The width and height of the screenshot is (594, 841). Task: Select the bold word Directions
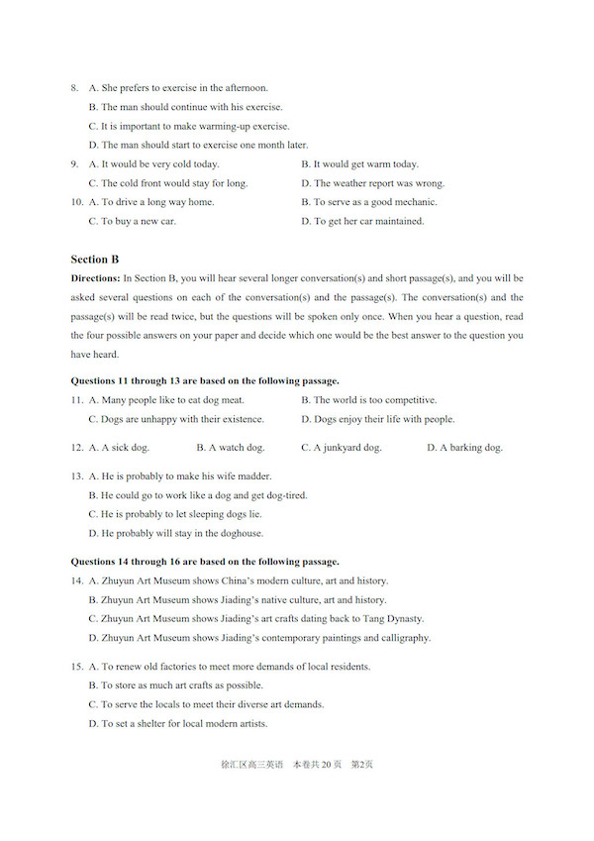tap(95, 278)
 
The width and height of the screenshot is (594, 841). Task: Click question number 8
tap(74, 88)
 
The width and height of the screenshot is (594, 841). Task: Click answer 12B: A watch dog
tap(231, 448)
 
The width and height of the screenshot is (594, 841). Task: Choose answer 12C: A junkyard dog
tap(342, 448)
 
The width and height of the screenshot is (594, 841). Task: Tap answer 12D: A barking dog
tap(464, 448)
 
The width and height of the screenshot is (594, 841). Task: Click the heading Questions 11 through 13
tap(205, 380)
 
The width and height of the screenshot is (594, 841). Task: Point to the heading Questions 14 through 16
tap(205, 562)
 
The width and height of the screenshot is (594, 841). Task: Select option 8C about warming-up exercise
tap(189, 126)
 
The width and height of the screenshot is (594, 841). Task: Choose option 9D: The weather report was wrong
tap(373, 183)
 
